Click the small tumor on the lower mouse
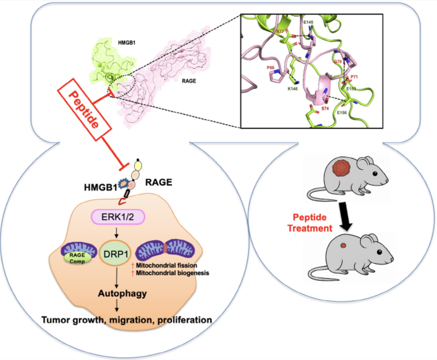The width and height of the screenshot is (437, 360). click(343, 247)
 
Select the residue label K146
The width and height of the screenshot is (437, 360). click(293, 89)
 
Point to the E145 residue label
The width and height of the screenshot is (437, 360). click(308, 22)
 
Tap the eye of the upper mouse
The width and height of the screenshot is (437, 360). click(375, 174)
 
